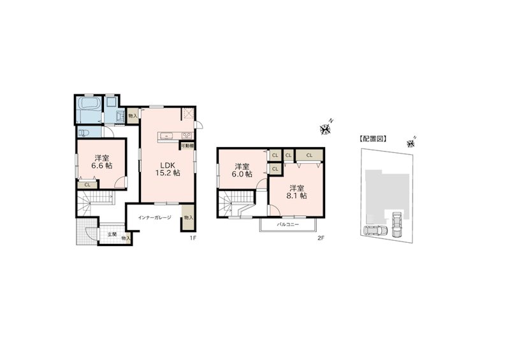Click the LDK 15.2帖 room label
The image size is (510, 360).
[x=169, y=168]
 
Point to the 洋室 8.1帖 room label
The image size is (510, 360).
[x=295, y=192]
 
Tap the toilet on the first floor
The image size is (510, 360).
[x=84, y=132]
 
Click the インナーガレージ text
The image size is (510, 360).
[x=155, y=217]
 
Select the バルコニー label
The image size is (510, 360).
[x=288, y=224]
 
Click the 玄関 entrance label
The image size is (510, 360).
[x=111, y=234]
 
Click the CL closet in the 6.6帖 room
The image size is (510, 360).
[x=87, y=185]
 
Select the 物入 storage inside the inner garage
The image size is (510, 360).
[x=187, y=217]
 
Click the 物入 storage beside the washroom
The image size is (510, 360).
[x=132, y=115]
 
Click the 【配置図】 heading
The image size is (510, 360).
[x=374, y=138]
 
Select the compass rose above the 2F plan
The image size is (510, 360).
[x=326, y=129]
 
